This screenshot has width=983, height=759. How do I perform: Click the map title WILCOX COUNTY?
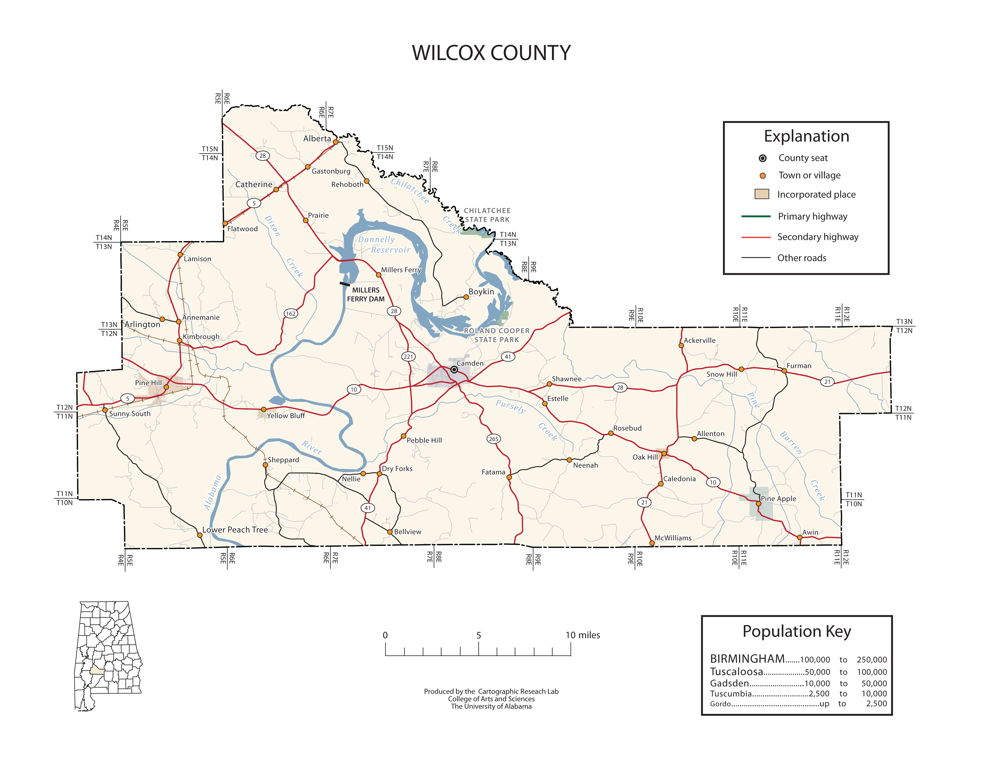point(491,53)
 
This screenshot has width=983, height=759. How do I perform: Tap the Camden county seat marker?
point(454,370)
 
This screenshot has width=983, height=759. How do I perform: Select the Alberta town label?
point(317,138)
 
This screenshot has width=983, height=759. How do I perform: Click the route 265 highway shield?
point(493,439)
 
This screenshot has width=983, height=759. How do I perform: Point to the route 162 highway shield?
point(291,313)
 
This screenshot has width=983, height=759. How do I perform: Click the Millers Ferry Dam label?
point(365,294)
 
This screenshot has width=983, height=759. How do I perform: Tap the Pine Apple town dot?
point(758,504)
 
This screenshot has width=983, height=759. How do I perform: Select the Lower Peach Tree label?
point(235,530)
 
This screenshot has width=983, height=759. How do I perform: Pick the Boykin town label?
point(481,291)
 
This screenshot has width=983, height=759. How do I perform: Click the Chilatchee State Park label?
point(487,215)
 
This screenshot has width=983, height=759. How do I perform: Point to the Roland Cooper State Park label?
point(497,335)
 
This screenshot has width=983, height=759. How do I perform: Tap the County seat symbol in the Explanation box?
point(763,158)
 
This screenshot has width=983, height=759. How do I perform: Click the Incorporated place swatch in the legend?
point(762,194)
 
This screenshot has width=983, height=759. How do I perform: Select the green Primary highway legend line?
point(756,216)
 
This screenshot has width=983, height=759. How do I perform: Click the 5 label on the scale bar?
point(478,635)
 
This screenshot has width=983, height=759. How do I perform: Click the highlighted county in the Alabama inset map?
point(97,670)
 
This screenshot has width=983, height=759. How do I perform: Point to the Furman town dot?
point(784,371)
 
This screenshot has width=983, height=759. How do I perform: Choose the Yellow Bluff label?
point(286,416)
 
